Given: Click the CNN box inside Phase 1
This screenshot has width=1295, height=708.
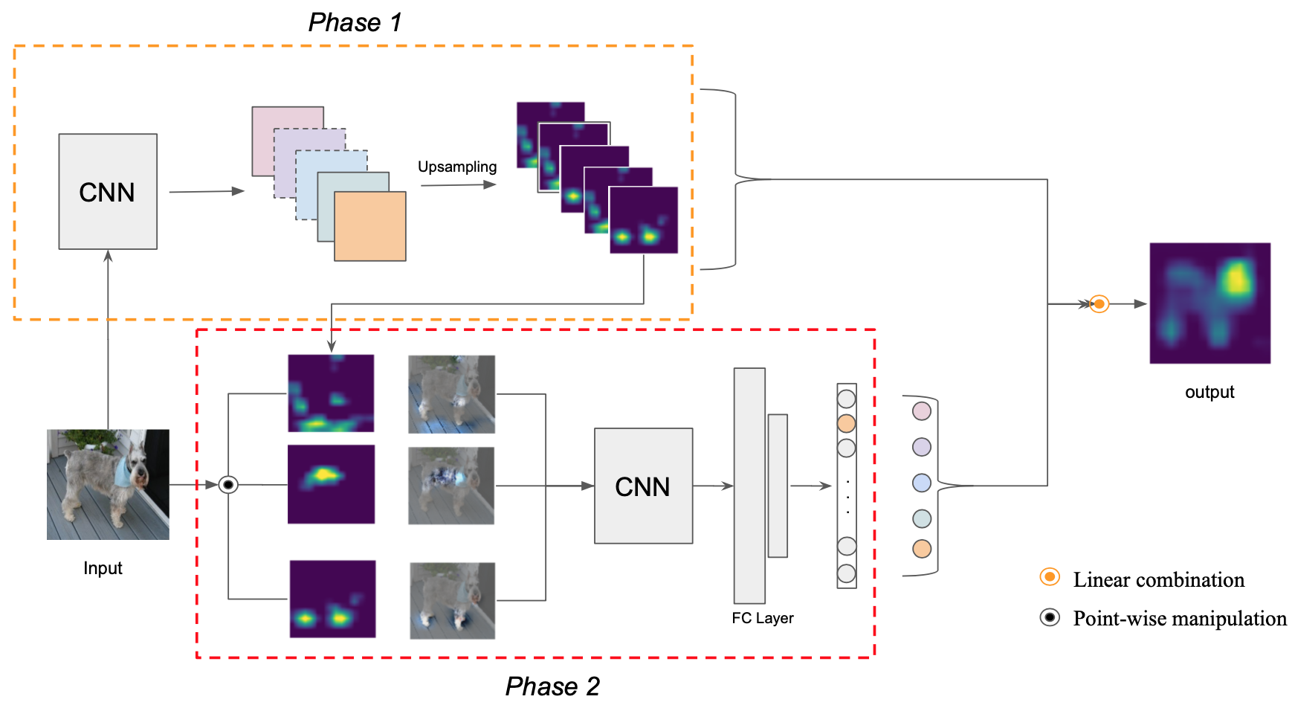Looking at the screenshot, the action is click(x=108, y=192).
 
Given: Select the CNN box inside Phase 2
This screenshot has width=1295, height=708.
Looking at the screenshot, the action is click(x=643, y=486).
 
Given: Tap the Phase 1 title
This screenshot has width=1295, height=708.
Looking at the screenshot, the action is click(x=355, y=22).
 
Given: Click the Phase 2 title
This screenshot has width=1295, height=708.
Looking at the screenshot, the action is click(x=552, y=686).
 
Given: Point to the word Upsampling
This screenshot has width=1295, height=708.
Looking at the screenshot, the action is click(x=457, y=167).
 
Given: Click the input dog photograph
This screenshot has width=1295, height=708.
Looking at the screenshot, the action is click(x=108, y=484).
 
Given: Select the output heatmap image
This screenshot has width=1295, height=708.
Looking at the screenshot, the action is click(x=1210, y=303).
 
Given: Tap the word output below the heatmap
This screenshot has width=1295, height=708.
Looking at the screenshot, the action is click(x=1210, y=392).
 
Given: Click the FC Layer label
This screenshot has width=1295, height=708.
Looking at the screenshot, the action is click(x=763, y=618).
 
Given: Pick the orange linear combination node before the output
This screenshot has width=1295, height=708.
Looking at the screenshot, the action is click(x=1099, y=303).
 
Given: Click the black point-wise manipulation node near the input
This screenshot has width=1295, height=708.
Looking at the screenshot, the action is click(x=228, y=485).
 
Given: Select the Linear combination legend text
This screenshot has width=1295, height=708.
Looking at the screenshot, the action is click(x=1159, y=579).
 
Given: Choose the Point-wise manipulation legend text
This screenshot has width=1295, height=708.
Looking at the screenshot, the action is click(x=1180, y=618).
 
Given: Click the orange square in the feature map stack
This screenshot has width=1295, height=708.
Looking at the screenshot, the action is click(x=370, y=226).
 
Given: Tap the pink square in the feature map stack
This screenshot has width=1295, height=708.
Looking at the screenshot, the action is click(x=288, y=141).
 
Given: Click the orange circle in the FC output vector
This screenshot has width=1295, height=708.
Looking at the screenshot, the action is click(x=847, y=424).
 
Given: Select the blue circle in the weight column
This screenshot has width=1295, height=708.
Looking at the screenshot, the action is click(x=922, y=483).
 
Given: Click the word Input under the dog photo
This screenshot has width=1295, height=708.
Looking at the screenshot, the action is click(x=103, y=568).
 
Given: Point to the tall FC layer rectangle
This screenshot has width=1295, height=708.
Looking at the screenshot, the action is click(x=749, y=486).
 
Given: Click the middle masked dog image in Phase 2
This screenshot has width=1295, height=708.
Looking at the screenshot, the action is click(x=451, y=486).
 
